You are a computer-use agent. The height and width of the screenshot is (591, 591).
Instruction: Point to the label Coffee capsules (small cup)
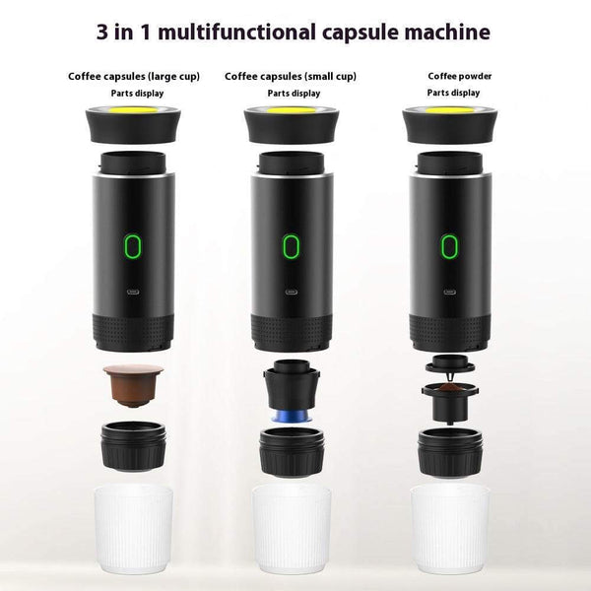(x=291, y=76)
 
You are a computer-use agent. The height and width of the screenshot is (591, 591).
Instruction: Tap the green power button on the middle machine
(x=290, y=245)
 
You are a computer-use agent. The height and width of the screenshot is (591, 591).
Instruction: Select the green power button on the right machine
(x=449, y=245)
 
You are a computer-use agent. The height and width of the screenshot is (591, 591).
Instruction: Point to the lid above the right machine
(x=449, y=122)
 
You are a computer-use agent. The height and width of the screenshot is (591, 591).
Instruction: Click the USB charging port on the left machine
(x=133, y=292)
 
